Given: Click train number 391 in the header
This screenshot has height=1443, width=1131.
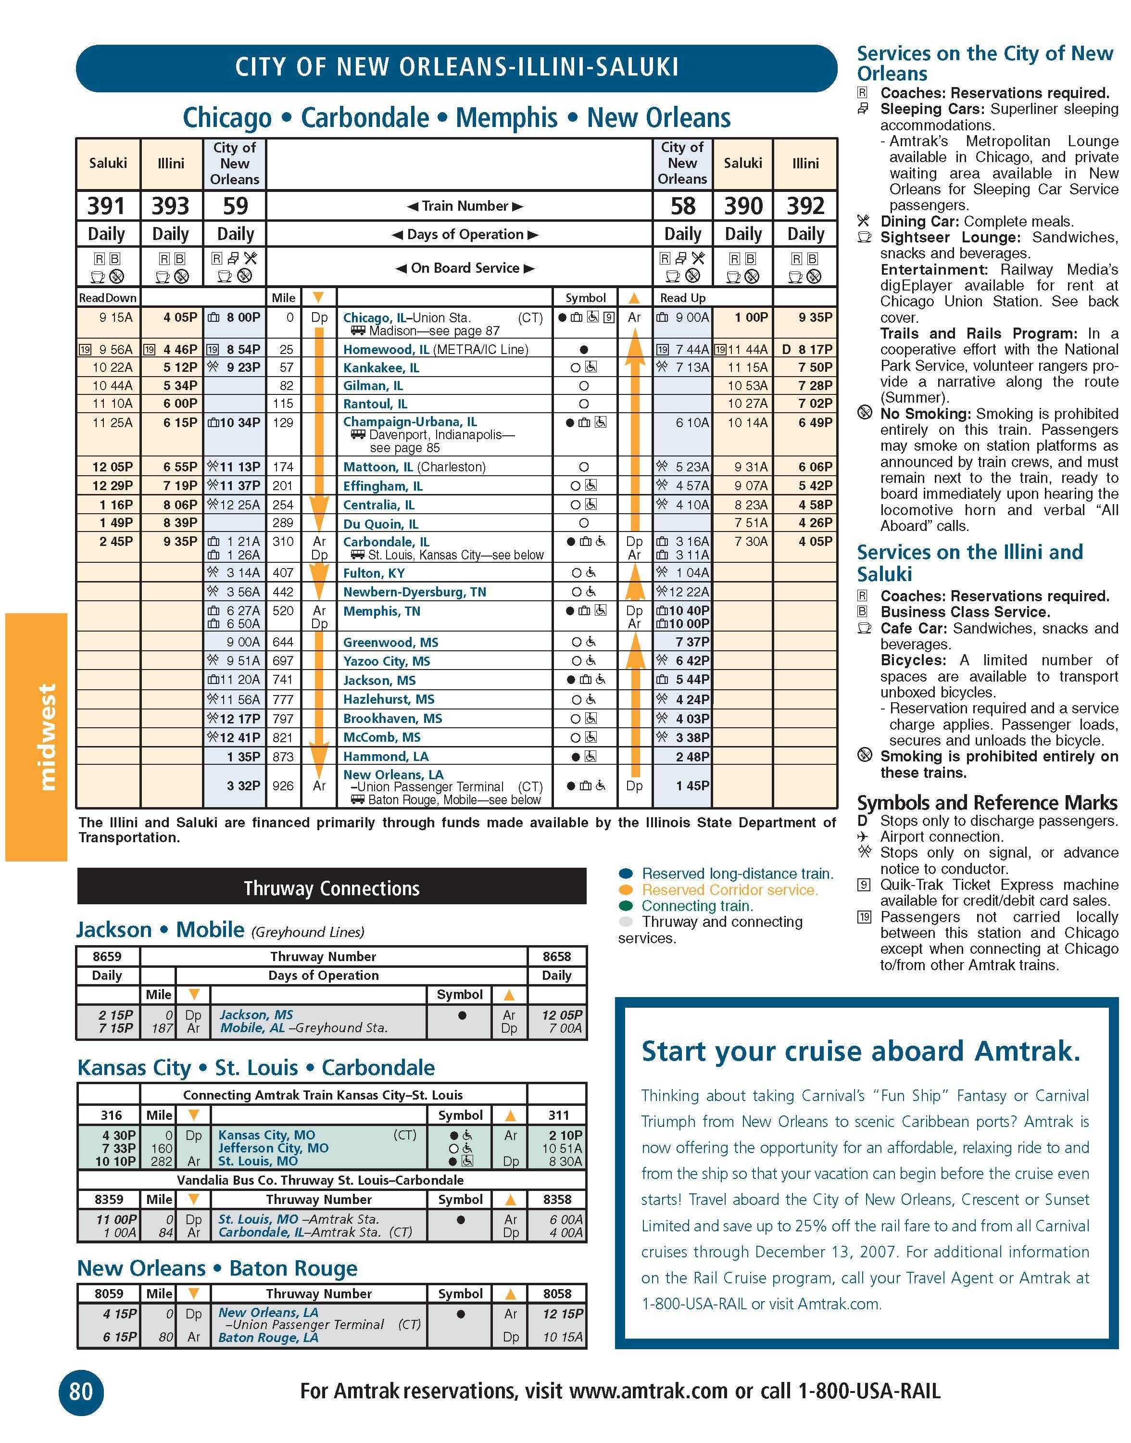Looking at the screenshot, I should (107, 206).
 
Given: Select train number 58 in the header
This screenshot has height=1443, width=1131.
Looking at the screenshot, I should (683, 206).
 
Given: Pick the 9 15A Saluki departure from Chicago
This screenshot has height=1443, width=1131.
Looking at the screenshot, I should (116, 317).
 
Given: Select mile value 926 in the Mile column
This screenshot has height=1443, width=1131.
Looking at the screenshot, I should (283, 786).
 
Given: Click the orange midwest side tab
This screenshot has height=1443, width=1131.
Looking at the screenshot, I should (37, 736).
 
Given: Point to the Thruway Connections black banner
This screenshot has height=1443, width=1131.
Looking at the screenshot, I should (331, 887).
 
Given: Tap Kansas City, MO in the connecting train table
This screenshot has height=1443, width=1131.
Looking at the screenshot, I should (267, 1135).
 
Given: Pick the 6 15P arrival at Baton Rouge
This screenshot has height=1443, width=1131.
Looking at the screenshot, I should (119, 1337).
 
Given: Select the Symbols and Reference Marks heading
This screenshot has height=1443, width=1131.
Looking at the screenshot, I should (987, 803).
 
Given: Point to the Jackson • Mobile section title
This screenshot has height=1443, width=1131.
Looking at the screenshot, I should (160, 930).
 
